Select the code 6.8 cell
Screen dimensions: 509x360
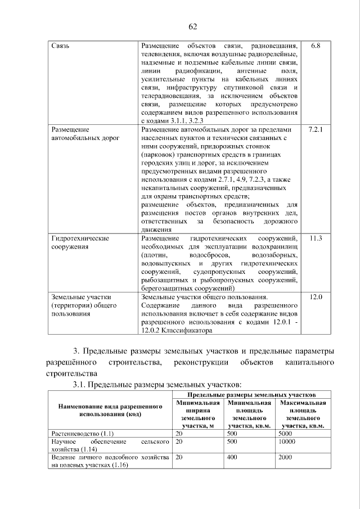(x=315, y=45)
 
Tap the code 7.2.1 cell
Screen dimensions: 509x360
(x=315, y=130)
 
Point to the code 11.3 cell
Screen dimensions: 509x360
(x=315, y=238)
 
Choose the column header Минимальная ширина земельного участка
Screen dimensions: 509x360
(x=197, y=415)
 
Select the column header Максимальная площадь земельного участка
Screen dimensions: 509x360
(x=303, y=415)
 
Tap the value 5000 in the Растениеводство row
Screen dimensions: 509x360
(x=285, y=435)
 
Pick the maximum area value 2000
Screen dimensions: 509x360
(x=285, y=458)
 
